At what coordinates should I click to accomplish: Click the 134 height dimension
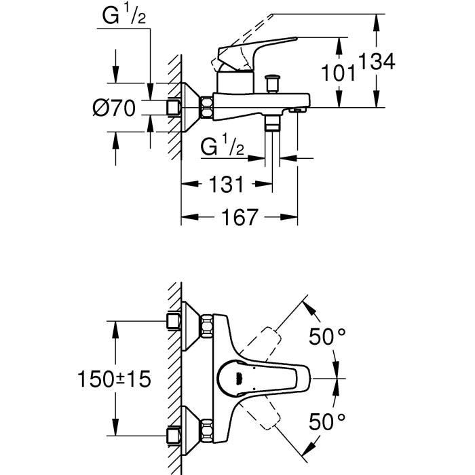tap(377, 62)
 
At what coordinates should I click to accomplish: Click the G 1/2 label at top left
tap(125, 17)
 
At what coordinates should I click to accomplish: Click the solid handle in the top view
tap(261, 377)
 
